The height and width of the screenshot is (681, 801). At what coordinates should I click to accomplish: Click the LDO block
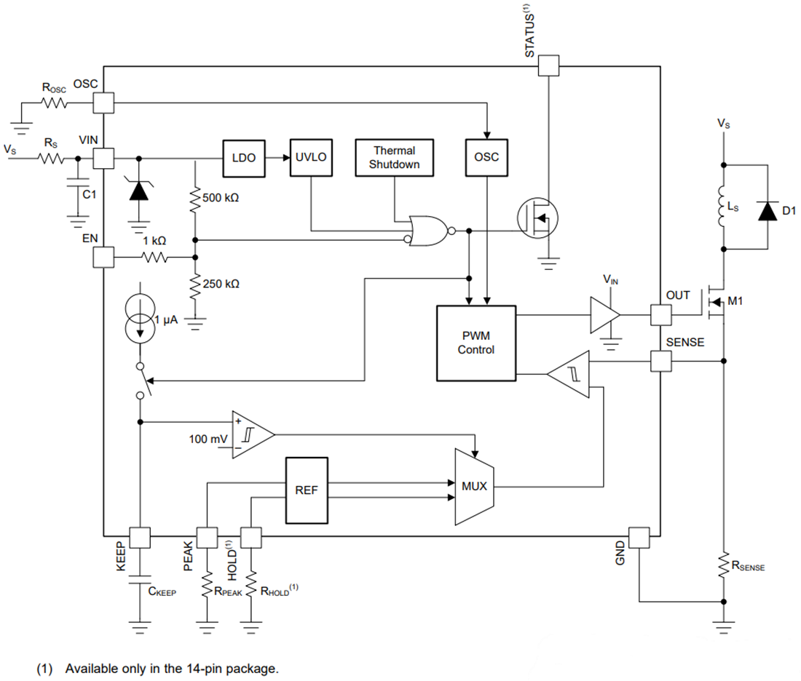pos(243,157)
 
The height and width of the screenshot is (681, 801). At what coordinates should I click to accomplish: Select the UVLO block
pos(312,157)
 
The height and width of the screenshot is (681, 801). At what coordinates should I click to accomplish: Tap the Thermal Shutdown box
pos(394,157)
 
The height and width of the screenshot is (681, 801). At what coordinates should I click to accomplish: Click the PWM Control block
pos(476,343)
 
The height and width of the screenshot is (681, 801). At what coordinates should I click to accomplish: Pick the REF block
pos(306,490)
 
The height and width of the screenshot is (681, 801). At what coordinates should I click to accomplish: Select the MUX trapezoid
pos(473,486)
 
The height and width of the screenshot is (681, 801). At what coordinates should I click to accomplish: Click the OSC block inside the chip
pos(486,157)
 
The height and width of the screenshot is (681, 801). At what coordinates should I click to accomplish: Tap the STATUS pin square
pos(548,66)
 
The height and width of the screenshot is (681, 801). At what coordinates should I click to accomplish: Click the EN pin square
pos(103,257)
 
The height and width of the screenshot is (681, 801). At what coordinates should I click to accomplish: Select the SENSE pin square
pos(660,361)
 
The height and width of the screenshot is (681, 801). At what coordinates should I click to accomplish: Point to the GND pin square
pos(639,538)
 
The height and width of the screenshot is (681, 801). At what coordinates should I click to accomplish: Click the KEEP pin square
pos(138,538)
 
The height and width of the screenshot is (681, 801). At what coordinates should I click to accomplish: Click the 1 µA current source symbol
pos(139,319)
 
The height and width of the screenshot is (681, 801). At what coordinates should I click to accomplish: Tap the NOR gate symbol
pos(430,231)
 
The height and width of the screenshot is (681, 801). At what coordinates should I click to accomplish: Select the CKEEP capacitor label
pos(162,592)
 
